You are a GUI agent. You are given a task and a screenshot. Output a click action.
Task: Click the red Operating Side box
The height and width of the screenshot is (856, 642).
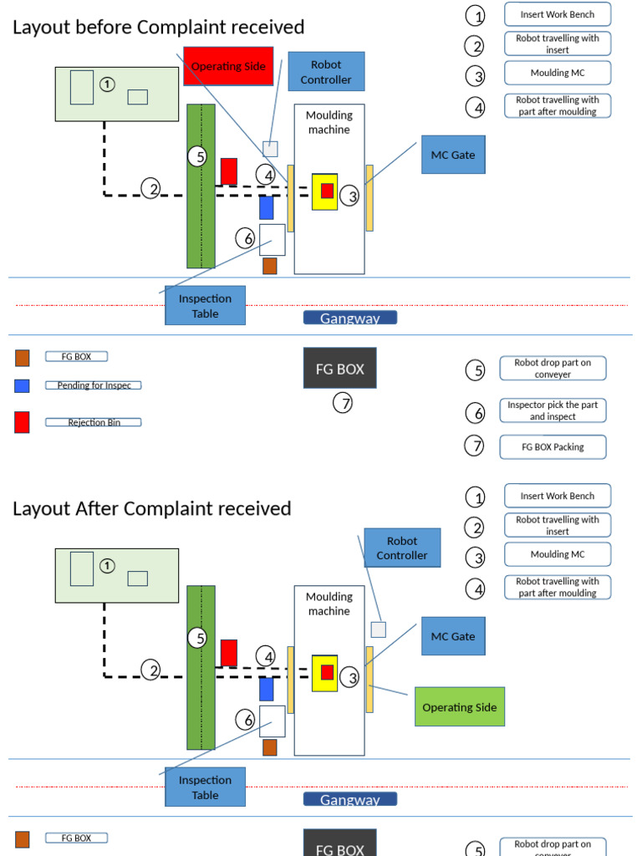[x=228, y=66]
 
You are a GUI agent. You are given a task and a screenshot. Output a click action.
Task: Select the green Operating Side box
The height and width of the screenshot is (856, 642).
[x=460, y=707]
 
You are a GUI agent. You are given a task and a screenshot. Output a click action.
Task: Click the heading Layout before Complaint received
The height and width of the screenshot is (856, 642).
[x=158, y=28]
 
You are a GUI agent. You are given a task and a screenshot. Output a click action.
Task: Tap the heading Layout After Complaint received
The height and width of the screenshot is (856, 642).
[x=152, y=508]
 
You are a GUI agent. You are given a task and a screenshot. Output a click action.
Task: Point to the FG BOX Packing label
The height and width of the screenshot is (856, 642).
[x=553, y=447]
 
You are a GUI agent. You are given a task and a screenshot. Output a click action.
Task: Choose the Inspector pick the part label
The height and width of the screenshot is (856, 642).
[x=553, y=410]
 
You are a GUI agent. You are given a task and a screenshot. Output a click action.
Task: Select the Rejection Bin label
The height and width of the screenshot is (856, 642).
[x=93, y=422]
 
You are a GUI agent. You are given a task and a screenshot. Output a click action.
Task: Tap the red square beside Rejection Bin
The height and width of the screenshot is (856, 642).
[x=22, y=422]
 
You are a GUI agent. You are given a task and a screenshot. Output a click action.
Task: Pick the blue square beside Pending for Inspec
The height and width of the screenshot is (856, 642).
[x=22, y=385]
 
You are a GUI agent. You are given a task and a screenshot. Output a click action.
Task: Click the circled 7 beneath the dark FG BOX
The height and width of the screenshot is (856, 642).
[x=343, y=404]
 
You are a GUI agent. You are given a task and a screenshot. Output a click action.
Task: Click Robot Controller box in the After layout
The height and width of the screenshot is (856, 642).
[x=401, y=548]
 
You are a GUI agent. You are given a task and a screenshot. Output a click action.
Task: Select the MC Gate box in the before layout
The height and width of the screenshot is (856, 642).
[x=453, y=155]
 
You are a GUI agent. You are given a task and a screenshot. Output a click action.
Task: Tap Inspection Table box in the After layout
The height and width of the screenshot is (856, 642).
[x=205, y=787]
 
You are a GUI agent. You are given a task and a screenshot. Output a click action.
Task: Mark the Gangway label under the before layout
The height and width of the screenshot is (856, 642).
[x=349, y=318]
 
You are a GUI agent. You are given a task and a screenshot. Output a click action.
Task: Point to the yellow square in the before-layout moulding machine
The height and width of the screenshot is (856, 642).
[x=324, y=191]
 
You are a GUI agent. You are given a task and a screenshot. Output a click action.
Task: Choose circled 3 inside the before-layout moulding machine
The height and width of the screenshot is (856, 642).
[x=353, y=196]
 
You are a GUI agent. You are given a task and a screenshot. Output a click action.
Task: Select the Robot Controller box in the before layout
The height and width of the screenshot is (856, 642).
[x=326, y=72]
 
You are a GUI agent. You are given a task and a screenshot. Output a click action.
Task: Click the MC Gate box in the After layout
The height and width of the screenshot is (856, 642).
[x=453, y=636]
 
